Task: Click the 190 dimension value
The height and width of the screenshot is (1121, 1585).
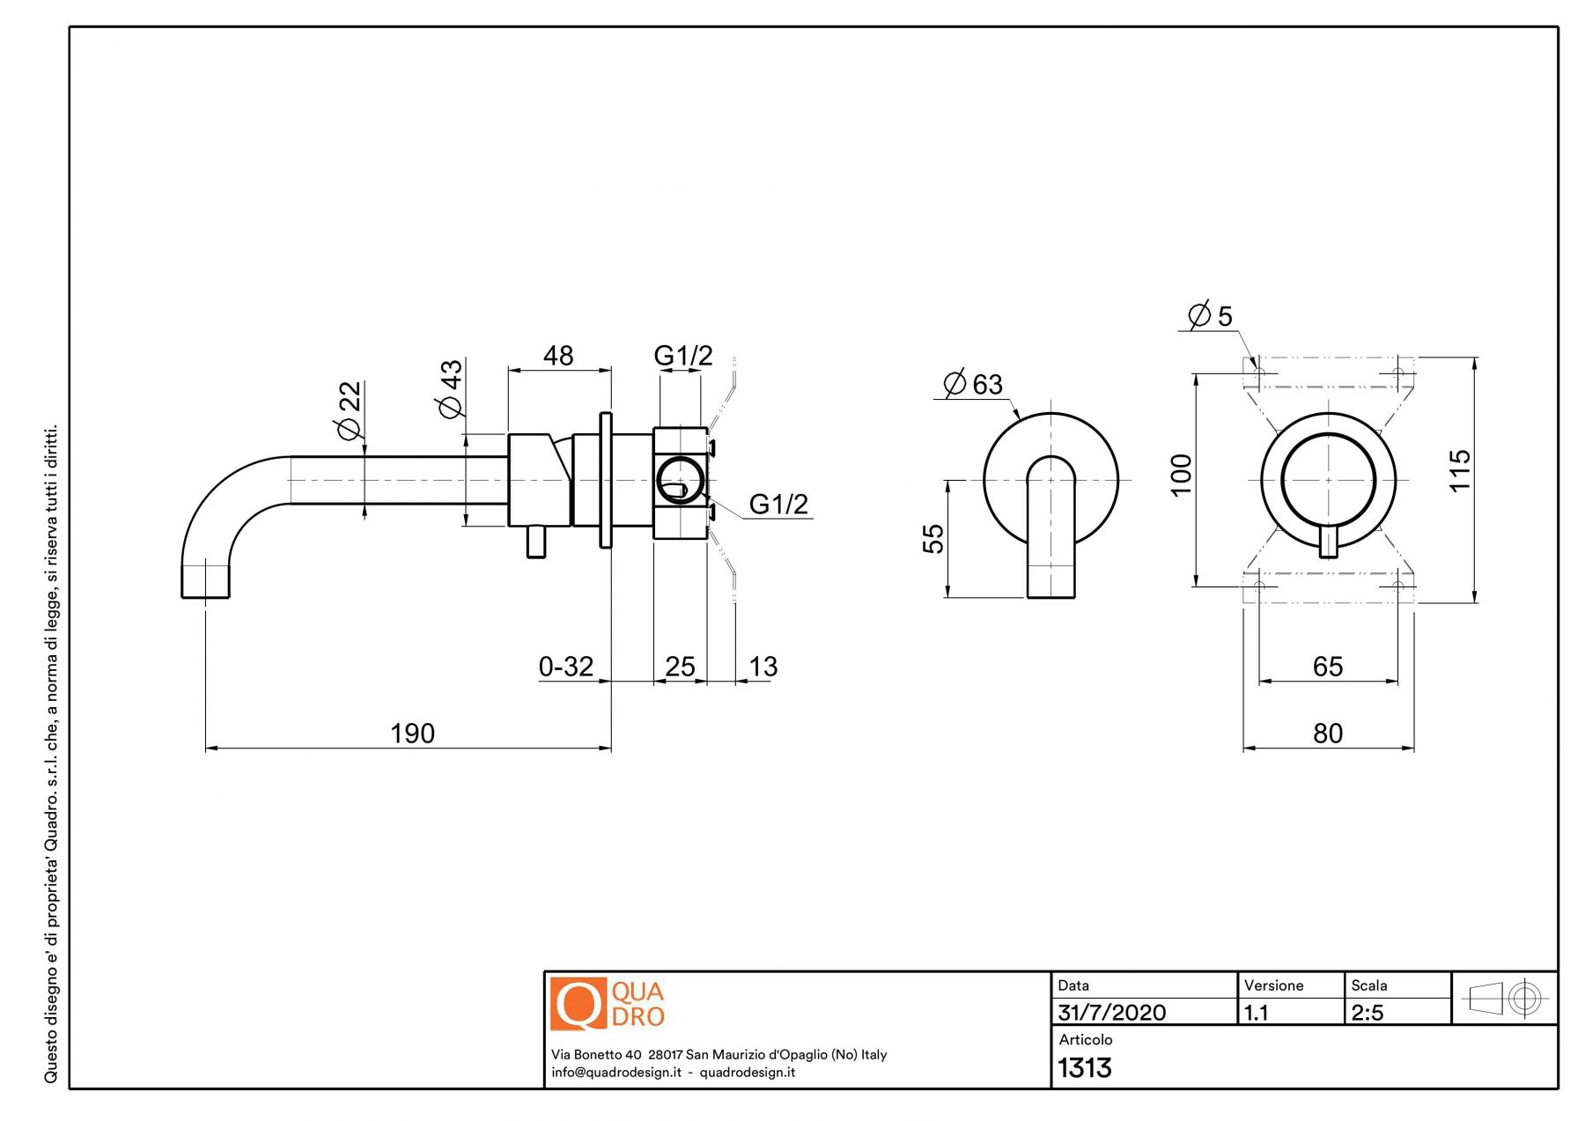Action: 412,733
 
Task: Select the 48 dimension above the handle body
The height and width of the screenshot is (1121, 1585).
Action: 558,355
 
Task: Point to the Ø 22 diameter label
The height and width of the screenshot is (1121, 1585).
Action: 349,409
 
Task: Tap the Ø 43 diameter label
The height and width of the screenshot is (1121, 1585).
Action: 450,388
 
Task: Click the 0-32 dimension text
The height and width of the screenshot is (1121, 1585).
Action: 566,666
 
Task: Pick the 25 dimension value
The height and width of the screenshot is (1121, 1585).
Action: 680,666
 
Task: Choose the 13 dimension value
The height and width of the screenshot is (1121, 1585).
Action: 763,666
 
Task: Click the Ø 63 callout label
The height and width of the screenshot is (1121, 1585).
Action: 973,384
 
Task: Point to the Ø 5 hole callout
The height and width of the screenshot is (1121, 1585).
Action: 1211,315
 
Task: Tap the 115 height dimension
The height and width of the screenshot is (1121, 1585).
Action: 1459,470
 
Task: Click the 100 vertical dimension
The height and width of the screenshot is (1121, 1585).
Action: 1181,475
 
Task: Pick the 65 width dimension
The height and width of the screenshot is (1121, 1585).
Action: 1328,666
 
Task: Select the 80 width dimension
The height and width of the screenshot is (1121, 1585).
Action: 1328,733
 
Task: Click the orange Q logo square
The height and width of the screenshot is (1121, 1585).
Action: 578,1004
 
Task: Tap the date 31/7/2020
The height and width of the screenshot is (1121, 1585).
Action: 1111,1013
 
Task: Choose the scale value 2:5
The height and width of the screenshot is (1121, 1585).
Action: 1368,1013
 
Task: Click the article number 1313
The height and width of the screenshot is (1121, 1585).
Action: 1085,1068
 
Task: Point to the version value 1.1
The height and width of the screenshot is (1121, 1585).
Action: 1257,1013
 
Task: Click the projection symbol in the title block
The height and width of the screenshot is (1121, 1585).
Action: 1504,999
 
